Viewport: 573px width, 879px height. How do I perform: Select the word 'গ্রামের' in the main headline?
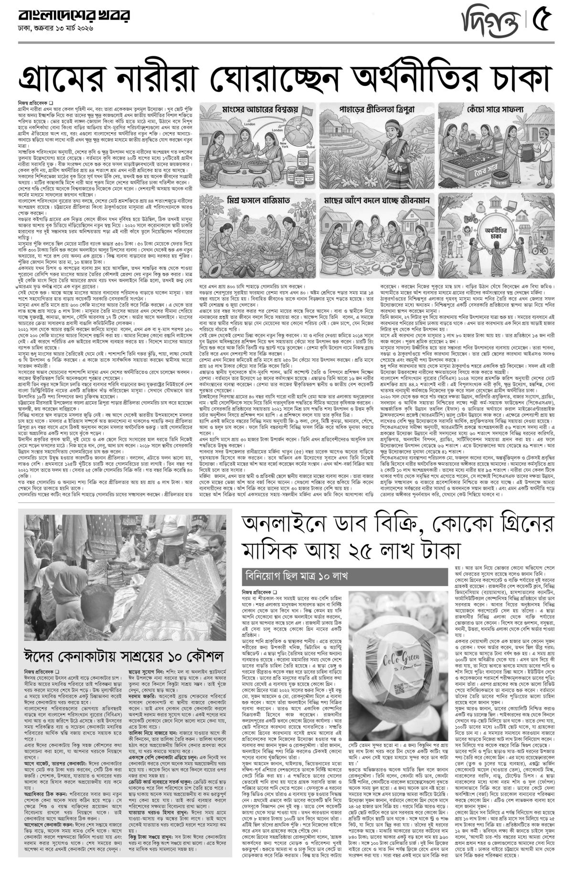[x=63, y=76]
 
